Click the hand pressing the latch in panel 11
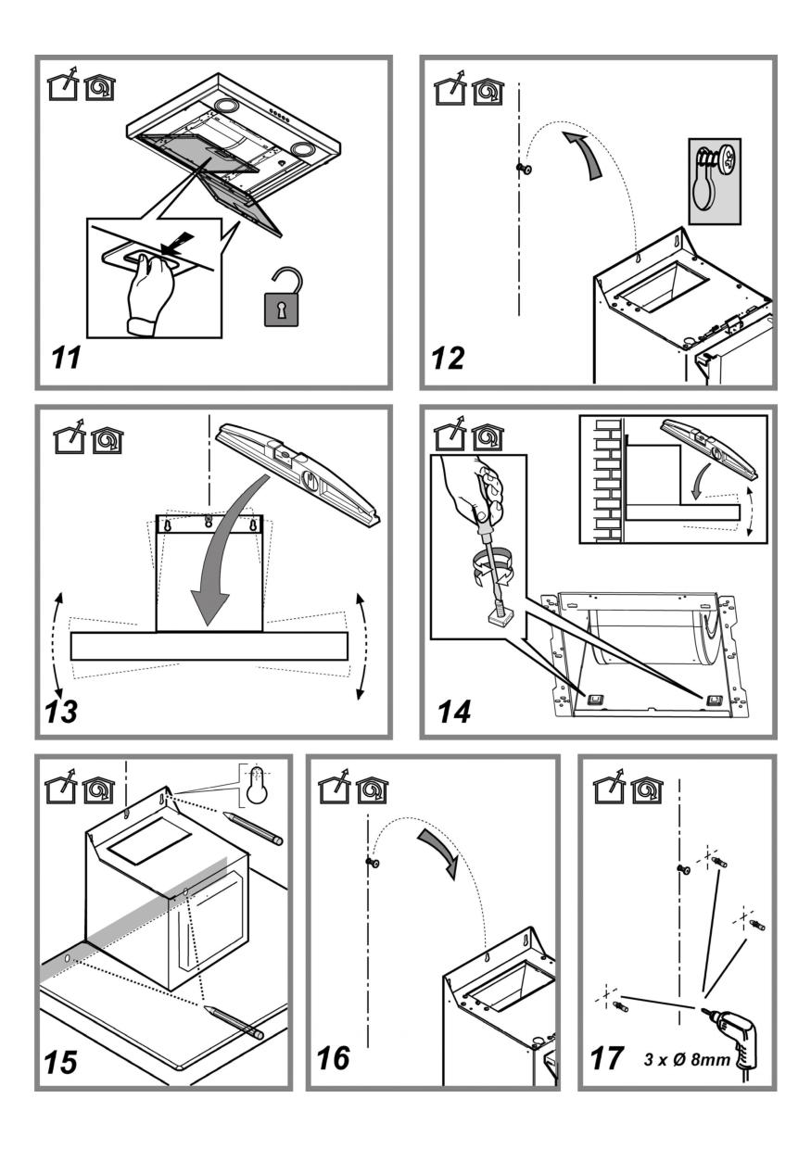click(x=152, y=293)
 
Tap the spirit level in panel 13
click(x=297, y=473)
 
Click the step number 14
click(x=452, y=711)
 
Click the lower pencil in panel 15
click(x=234, y=1019)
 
